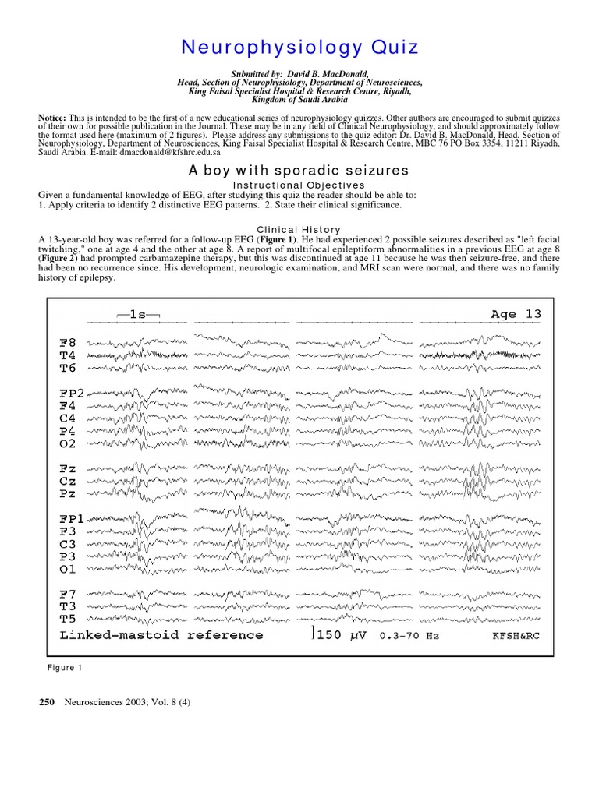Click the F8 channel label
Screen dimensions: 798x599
(68, 341)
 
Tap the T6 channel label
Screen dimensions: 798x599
(68, 367)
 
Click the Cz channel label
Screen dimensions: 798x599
(68, 482)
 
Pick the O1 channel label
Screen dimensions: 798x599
(68, 569)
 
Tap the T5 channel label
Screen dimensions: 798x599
(68, 620)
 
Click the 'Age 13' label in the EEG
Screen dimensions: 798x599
(516, 314)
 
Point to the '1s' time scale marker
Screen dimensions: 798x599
(138, 314)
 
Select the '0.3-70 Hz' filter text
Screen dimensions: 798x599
(409, 636)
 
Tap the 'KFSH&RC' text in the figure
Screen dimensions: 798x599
(516, 636)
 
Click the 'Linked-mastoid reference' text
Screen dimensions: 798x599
(161, 635)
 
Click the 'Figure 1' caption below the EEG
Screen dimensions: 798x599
(65, 668)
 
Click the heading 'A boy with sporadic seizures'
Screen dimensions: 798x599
(299, 169)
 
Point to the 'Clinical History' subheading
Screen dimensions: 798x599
(299, 229)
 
